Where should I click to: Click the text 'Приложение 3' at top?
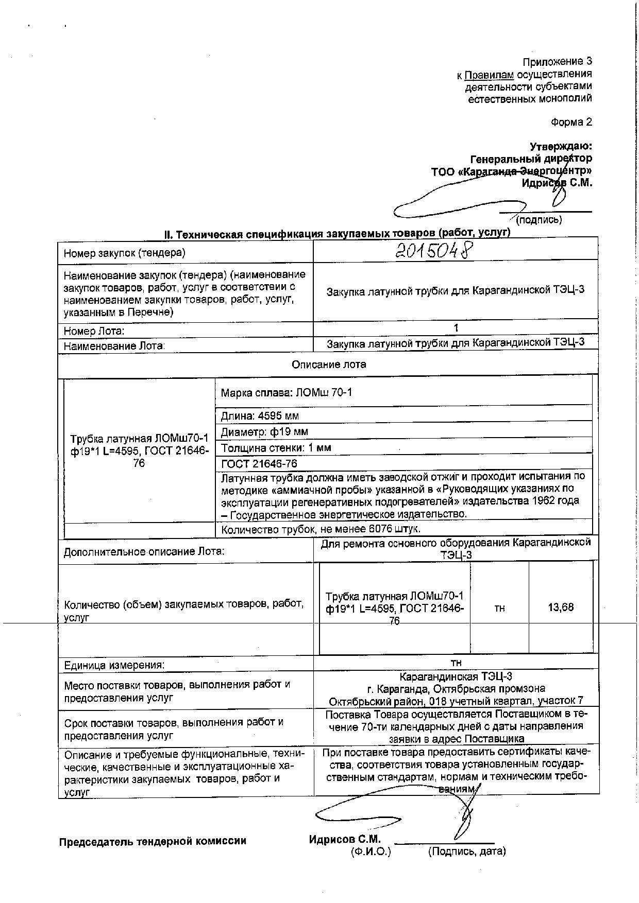pos(557,62)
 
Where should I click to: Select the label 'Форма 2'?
pos(571,122)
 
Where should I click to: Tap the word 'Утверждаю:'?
pos(561,147)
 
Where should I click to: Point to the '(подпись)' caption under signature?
pos(539,220)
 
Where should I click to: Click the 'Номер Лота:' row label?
pos(94,331)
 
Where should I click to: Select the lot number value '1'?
pos(456,328)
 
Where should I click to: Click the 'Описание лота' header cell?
pos(328,364)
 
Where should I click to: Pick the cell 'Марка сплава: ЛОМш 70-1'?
pos(287,393)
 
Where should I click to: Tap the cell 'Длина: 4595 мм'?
pos(260,416)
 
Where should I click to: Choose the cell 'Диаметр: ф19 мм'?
pos(264,432)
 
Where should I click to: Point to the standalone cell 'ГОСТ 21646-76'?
pos(259,464)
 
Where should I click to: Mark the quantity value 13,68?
pos(561,607)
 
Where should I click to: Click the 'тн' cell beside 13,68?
pos(499,609)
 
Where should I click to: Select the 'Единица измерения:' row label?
pos(114,665)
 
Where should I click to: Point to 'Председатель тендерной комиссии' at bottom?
pos(153,841)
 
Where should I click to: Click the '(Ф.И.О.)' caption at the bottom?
pos(371,852)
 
